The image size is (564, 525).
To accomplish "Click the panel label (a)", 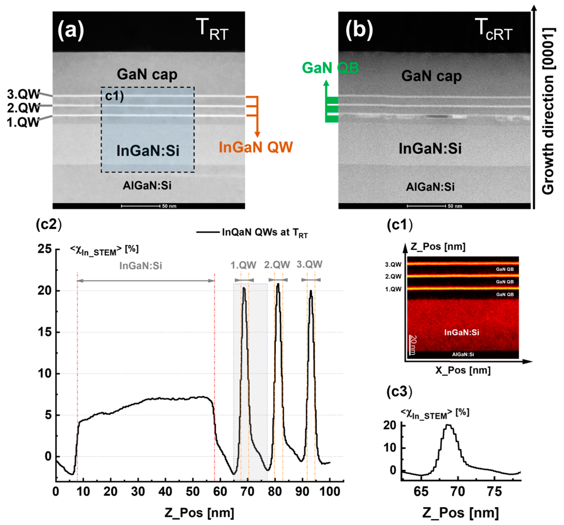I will (71, 30).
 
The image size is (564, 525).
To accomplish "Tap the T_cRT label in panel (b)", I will (495, 30).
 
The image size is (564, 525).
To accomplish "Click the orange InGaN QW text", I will (255, 147).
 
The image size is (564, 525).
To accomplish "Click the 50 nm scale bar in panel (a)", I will (141, 206).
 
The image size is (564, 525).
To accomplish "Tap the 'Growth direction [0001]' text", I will (548, 111).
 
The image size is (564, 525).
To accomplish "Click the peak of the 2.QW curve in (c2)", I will (278, 284).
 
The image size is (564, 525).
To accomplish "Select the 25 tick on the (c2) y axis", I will (45, 249).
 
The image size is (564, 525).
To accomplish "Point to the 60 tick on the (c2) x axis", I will (220, 491).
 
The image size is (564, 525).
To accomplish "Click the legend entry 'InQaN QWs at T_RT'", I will (264, 232).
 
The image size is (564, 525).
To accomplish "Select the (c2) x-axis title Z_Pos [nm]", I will (199, 513).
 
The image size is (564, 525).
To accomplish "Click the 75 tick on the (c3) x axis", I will (494, 491).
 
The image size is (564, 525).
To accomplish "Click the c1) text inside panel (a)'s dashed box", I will (114, 96).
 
